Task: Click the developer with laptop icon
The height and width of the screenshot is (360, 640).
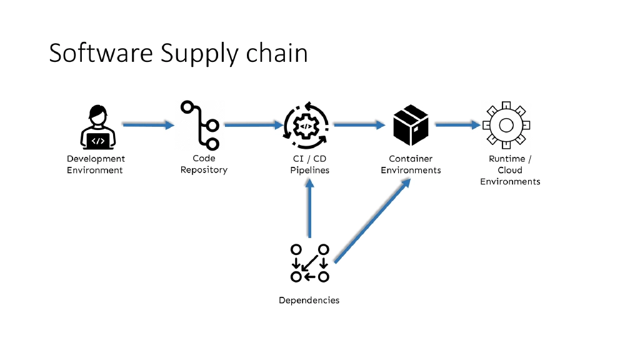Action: click(97, 127)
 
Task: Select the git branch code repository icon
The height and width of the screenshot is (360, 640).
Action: click(201, 125)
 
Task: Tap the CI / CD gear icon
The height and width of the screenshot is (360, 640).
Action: click(306, 126)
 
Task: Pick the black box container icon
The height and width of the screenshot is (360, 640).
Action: click(411, 124)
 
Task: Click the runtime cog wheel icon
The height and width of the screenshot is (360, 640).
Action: click(506, 125)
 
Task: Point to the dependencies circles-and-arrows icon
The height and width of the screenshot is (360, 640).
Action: click(309, 262)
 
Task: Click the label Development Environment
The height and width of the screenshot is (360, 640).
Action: click(96, 164)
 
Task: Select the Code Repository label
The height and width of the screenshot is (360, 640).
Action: click(204, 164)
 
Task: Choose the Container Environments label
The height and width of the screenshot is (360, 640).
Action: click(411, 164)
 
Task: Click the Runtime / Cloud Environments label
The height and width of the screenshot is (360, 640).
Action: click(510, 170)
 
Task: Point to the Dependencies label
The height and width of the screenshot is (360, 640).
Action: click(309, 301)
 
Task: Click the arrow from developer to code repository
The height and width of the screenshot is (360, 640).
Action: click(148, 125)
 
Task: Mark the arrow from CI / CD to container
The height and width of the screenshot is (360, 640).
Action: click(359, 125)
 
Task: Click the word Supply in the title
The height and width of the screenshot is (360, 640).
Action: click(199, 54)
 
